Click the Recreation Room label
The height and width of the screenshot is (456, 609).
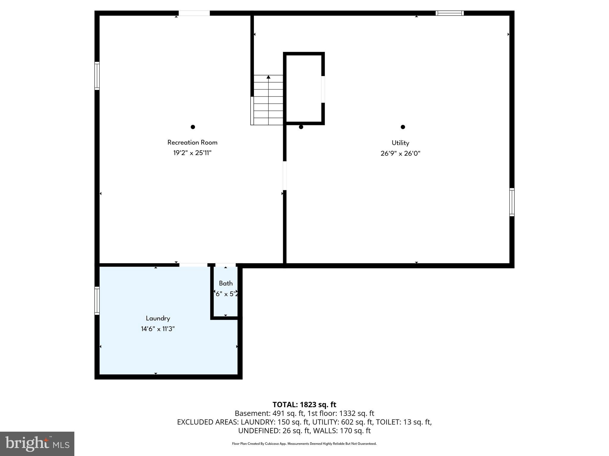pyautogui.click(x=192, y=142)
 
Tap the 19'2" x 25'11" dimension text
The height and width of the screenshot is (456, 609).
pyautogui.click(x=192, y=153)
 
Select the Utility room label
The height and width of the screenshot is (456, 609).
pyautogui.click(x=400, y=143)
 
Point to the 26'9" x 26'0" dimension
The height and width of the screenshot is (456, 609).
pyautogui.click(x=400, y=153)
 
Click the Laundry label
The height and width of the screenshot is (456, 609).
pyautogui.click(x=158, y=318)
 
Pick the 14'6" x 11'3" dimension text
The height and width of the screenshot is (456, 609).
pyautogui.click(x=158, y=329)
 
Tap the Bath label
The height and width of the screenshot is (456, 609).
pyautogui.click(x=226, y=283)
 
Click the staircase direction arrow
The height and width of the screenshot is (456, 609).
pyautogui.click(x=269, y=77)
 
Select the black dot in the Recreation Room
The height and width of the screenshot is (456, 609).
pyautogui.click(x=193, y=127)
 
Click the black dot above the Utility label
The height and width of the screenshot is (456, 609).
pyautogui.click(x=403, y=127)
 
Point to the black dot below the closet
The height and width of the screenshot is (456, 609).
pyautogui.click(x=301, y=127)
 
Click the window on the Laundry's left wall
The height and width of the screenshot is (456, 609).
pyautogui.click(x=97, y=300)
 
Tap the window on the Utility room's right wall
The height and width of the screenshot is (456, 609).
pyautogui.click(x=512, y=202)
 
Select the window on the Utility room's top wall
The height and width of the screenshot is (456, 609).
pyautogui.click(x=450, y=13)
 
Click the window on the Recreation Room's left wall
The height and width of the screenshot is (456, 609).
pyautogui.click(x=97, y=76)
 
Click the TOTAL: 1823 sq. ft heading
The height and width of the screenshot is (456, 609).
pyautogui.click(x=304, y=405)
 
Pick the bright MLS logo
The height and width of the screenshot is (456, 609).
pyautogui.click(x=37, y=444)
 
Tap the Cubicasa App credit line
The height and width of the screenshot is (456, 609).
pyautogui.click(x=304, y=444)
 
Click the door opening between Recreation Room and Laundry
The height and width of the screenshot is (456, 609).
pyautogui.click(x=193, y=265)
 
